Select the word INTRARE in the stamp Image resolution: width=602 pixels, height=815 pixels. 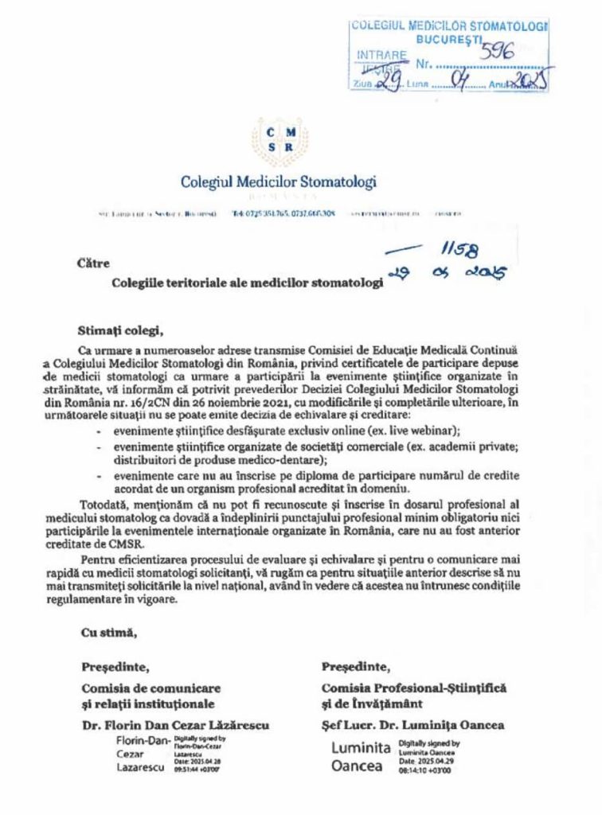(381, 55)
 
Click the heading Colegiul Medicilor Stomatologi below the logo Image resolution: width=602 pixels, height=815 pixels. (278, 181)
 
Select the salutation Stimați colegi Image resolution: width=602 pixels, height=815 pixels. (120, 328)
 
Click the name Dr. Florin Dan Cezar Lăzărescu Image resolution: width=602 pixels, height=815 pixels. (175, 724)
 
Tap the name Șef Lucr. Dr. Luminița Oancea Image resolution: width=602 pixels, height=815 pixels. (412, 724)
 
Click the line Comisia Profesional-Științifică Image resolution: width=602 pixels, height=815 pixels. (414, 687)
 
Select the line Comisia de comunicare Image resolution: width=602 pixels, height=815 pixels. (151, 688)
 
